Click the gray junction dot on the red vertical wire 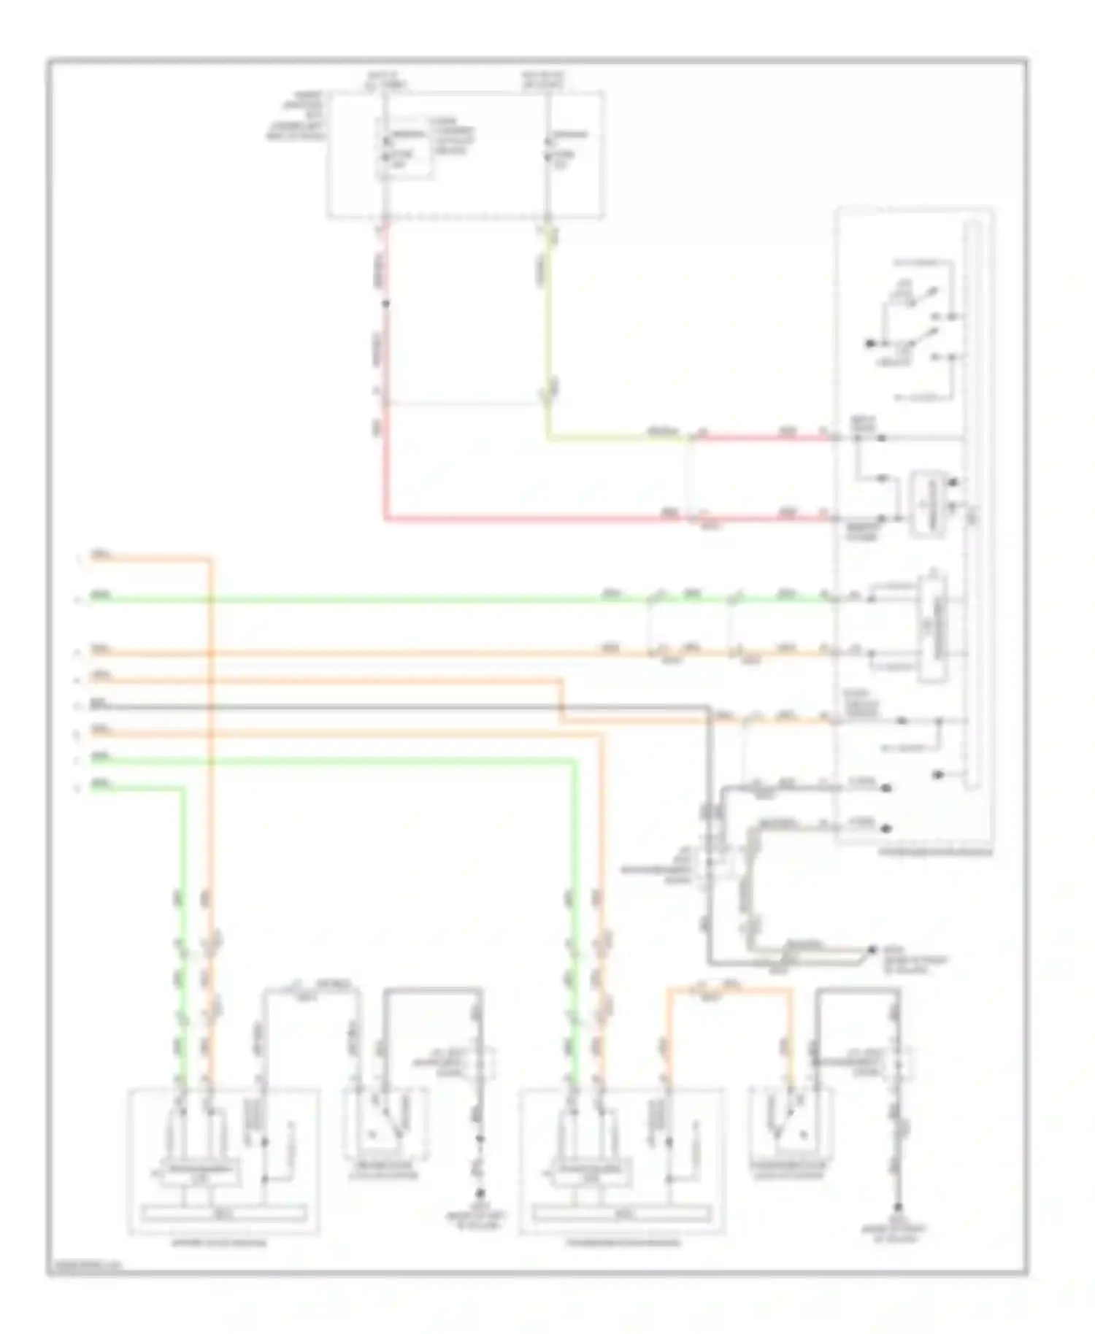385,303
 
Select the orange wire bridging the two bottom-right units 730,990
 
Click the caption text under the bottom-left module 219,1243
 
